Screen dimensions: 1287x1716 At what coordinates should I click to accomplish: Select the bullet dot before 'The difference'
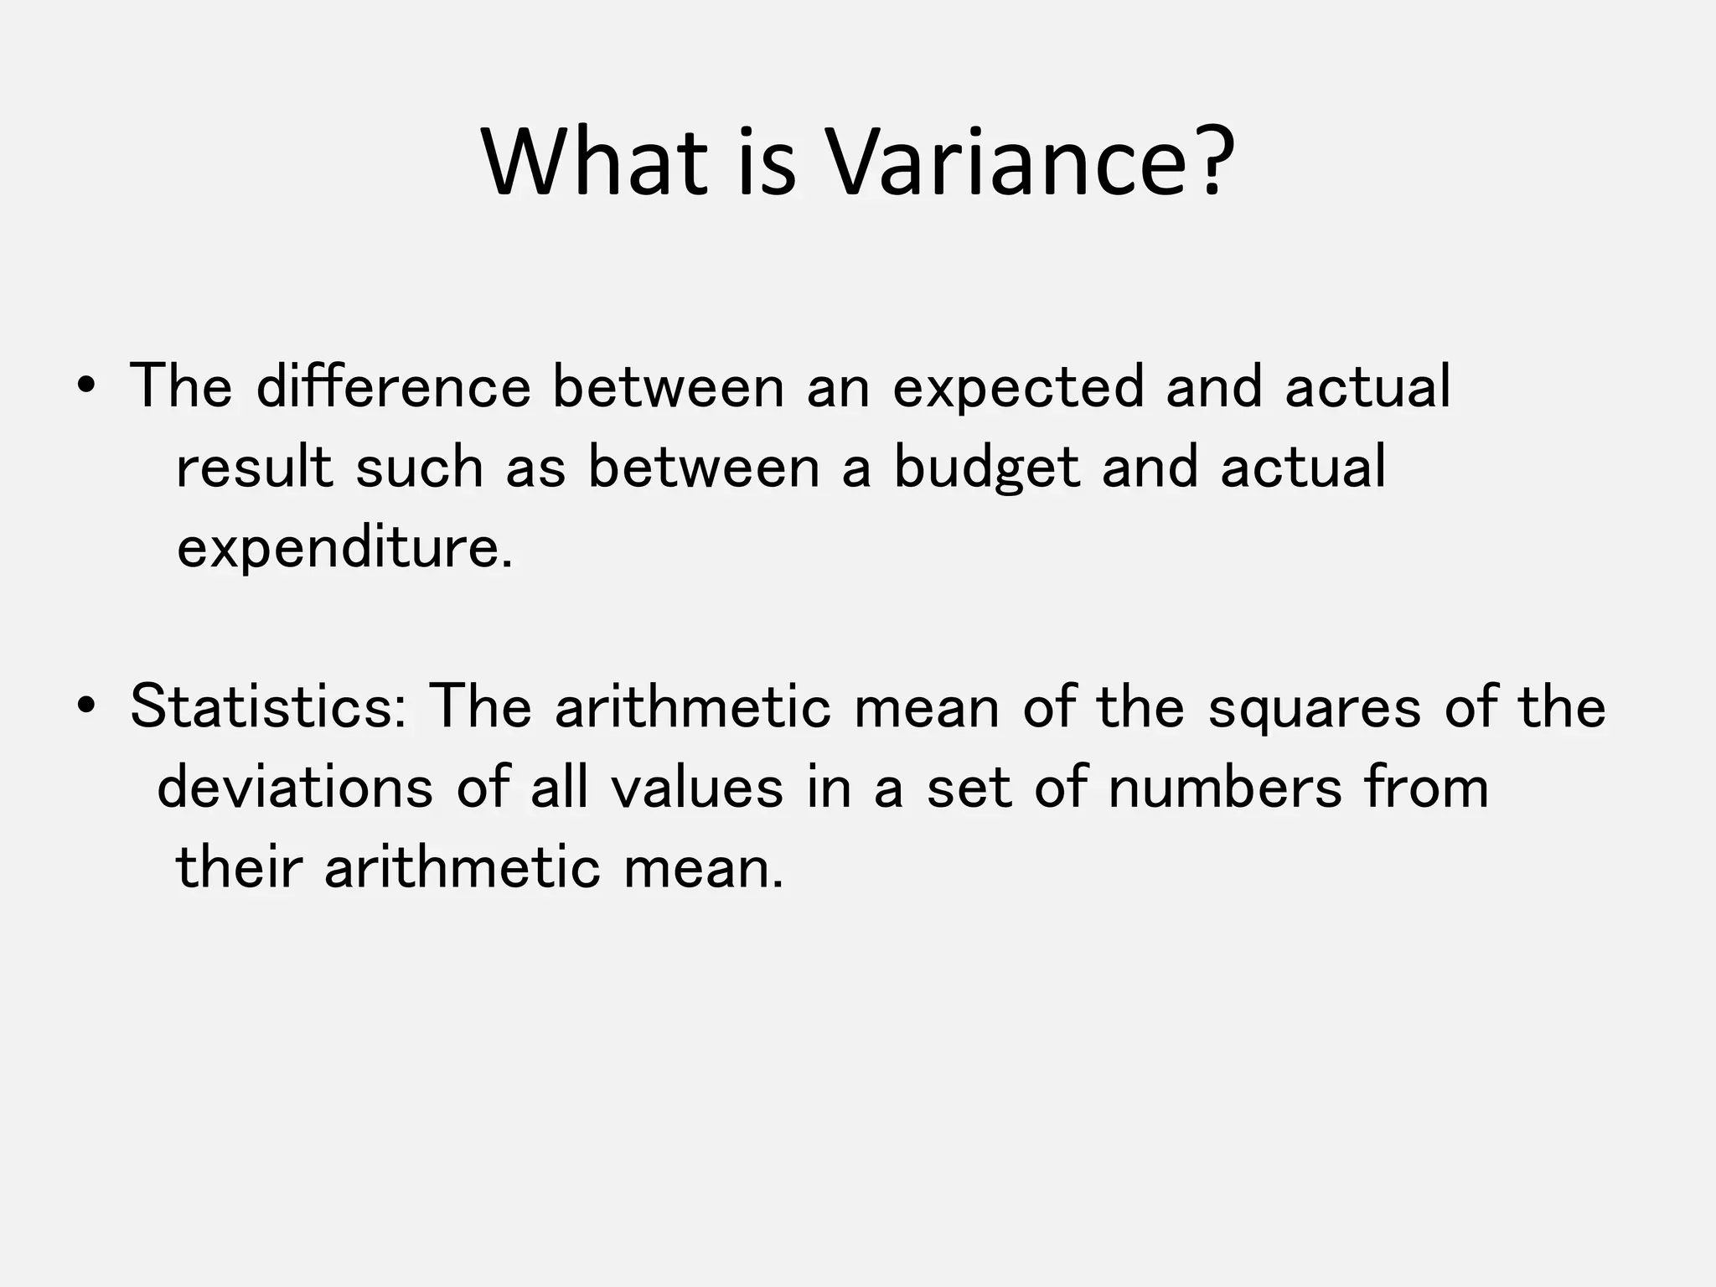(85, 387)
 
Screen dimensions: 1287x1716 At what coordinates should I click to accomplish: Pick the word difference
(393, 387)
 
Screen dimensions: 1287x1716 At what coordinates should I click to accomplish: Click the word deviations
(295, 788)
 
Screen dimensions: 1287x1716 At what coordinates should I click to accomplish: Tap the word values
(696, 788)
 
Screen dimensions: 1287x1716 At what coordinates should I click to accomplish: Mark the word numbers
(1225, 788)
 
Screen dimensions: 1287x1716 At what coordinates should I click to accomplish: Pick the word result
(255, 468)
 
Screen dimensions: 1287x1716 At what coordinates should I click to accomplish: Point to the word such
(420, 468)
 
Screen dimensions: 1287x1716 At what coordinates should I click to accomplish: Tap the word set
(969, 789)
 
